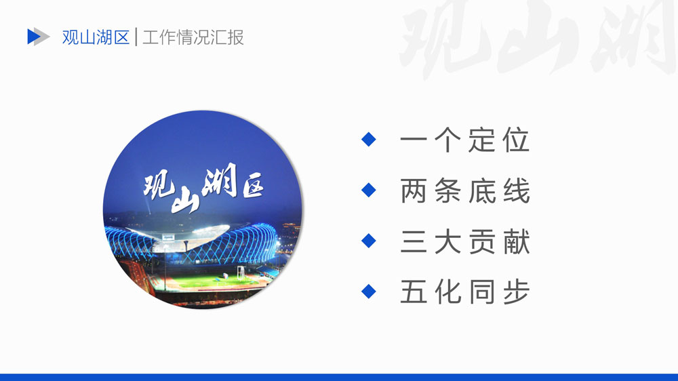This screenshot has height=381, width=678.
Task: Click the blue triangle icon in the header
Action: (33, 37)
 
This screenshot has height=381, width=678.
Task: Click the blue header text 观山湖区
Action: (96, 37)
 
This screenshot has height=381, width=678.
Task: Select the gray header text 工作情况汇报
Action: (193, 37)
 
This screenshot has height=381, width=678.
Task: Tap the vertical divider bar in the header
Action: (136, 37)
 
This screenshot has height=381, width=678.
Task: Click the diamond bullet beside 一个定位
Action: (368, 139)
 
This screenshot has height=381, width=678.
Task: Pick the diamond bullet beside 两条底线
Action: (368, 190)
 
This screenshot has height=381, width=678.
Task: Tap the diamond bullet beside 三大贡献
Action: (368, 241)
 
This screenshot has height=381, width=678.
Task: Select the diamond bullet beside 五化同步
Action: (368, 291)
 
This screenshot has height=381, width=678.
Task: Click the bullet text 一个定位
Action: (465, 140)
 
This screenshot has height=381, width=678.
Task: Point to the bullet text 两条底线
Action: (465, 190)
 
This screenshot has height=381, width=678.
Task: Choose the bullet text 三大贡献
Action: (465, 241)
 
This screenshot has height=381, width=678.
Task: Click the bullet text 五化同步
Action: (465, 292)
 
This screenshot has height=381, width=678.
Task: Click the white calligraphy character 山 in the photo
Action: (186, 201)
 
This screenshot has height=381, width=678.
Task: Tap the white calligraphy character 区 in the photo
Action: (253, 187)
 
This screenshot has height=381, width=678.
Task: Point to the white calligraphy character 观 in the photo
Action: (159, 186)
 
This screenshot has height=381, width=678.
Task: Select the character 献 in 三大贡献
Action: (517, 241)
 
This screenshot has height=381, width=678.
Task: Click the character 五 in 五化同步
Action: (414, 292)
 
